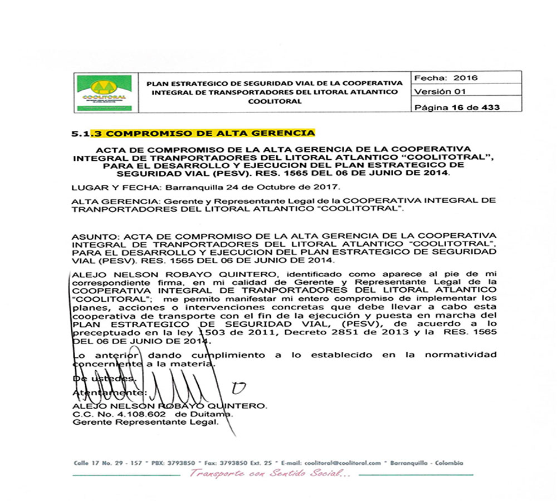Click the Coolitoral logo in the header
(x=103, y=93)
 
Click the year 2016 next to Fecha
(x=465, y=78)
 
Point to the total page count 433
(x=488, y=107)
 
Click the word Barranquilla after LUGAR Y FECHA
(x=174, y=186)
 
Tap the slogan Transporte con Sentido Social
(x=270, y=474)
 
